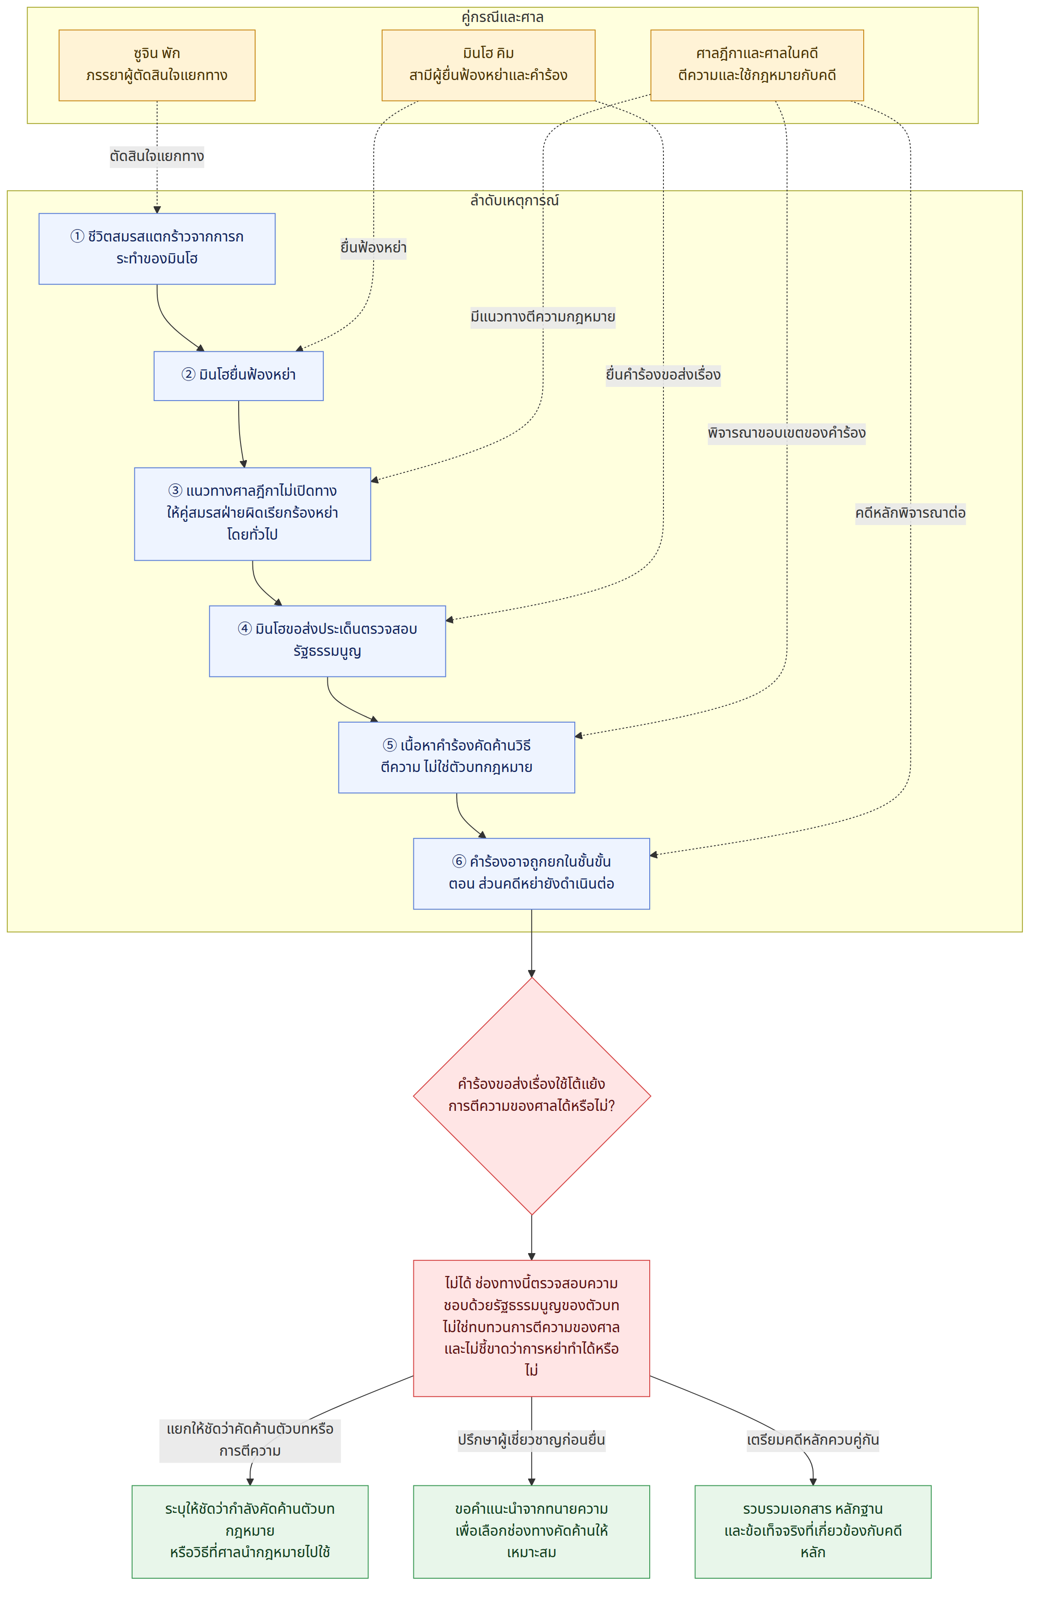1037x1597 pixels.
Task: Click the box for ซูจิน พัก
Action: [157, 65]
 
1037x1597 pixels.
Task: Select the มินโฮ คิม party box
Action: [488, 65]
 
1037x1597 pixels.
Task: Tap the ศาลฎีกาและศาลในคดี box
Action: [757, 65]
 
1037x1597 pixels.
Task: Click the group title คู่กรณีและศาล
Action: [502, 17]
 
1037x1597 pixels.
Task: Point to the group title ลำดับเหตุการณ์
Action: [514, 200]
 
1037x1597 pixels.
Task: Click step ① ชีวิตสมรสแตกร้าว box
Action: [157, 249]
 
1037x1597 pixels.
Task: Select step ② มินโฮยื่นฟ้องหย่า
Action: [239, 376]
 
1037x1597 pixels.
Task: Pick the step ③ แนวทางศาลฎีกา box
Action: [252, 514]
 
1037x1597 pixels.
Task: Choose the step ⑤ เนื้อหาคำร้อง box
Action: [457, 757]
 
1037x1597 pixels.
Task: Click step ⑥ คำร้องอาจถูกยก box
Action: [531, 874]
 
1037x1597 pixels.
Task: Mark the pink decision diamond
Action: [532, 1096]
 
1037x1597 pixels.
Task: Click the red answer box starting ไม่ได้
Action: [531, 1328]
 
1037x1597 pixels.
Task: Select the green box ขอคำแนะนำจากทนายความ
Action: [531, 1531]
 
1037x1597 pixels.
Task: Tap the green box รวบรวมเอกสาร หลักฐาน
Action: [813, 1531]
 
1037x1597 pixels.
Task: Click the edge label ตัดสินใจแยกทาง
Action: [157, 156]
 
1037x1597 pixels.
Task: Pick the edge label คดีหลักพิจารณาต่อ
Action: [910, 513]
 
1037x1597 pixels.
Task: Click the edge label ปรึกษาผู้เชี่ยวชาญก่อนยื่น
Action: [531, 1440]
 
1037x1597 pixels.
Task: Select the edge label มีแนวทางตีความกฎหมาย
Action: [543, 317]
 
